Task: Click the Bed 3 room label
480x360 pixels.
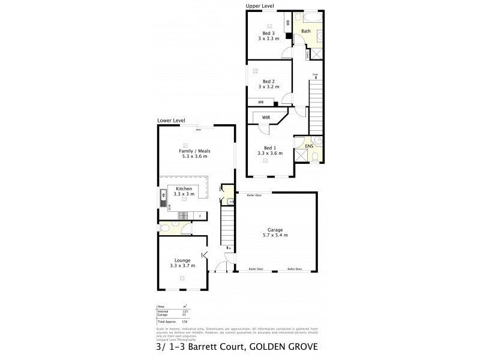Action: (x=268, y=34)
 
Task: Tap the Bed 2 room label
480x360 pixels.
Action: (x=268, y=82)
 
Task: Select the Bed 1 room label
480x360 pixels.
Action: (x=268, y=148)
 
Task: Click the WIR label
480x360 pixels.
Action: (x=266, y=118)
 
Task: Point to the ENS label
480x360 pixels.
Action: (x=308, y=146)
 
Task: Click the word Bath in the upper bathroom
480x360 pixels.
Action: (x=305, y=31)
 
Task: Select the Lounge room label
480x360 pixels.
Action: (x=182, y=260)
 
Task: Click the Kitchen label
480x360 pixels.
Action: (x=184, y=189)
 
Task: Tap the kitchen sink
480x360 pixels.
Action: (x=162, y=195)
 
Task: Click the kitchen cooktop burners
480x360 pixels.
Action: (x=182, y=215)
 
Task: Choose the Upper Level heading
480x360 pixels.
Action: (x=260, y=6)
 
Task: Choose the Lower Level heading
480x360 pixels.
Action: (x=171, y=121)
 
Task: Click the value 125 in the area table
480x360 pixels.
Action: (x=184, y=311)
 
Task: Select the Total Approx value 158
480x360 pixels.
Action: (x=184, y=322)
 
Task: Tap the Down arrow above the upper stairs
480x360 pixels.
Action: (x=314, y=76)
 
